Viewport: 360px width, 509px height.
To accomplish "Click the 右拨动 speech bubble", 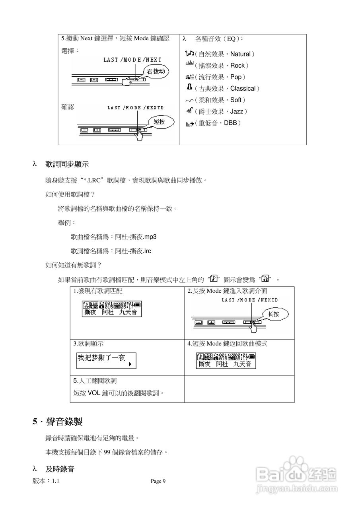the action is click(155, 72).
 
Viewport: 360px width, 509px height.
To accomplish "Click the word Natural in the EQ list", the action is click(241, 54).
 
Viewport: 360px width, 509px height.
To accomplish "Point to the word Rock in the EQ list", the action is click(237, 66).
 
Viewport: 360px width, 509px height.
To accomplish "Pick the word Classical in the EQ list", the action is click(243, 88).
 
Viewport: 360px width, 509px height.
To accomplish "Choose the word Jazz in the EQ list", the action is click(237, 111).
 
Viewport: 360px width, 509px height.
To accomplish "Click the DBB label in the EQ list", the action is click(231, 123).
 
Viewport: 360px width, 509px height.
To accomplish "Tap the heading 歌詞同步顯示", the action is click(67, 164).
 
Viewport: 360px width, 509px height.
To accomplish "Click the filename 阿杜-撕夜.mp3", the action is click(136, 237).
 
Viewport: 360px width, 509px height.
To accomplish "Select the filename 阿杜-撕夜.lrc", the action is click(133, 251).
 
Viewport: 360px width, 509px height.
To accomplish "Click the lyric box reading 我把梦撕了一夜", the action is click(106, 360).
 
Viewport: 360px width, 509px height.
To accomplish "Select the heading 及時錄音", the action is click(60, 469).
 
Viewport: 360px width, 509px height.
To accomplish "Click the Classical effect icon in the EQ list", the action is click(190, 87).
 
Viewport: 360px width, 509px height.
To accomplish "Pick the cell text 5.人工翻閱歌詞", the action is click(95, 381).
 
